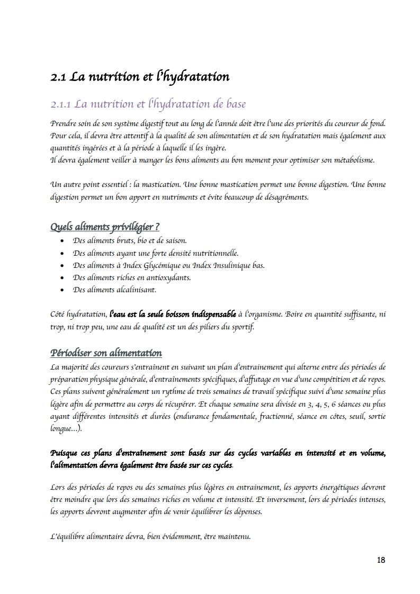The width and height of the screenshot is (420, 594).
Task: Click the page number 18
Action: click(x=381, y=560)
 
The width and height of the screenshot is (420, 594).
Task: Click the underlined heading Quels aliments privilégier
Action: click(x=104, y=227)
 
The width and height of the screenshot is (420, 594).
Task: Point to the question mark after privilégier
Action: click(x=157, y=227)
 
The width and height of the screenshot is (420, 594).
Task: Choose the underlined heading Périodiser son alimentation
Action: click(x=106, y=353)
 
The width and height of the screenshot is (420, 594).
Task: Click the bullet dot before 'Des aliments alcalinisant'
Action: click(x=62, y=290)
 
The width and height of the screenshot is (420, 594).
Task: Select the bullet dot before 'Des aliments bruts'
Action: click(x=62, y=240)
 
